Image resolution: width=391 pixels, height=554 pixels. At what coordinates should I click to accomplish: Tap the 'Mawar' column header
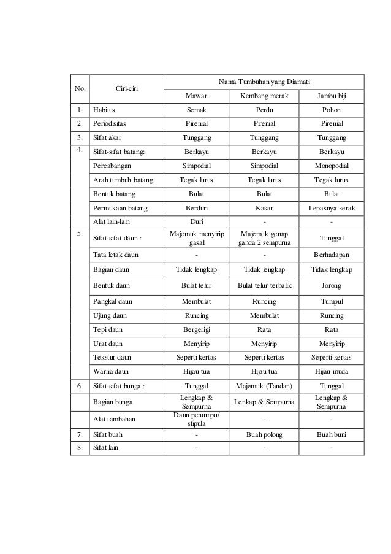click(x=197, y=96)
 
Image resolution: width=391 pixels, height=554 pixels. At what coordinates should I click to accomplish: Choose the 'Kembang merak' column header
click(x=264, y=96)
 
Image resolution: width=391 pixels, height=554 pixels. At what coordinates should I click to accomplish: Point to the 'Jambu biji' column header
click(x=332, y=96)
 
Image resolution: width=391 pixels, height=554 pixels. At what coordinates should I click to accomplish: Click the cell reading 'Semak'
click(x=197, y=110)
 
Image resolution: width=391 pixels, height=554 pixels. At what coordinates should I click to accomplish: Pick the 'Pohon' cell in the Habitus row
click(x=332, y=110)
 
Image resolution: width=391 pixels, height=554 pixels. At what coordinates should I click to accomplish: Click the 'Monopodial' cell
click(x=332, y=166)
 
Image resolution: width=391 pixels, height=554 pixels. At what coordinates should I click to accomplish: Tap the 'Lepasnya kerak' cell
click(x=332, y=208)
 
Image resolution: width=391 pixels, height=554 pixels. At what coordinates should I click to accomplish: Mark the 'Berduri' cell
click(x=197, y=208)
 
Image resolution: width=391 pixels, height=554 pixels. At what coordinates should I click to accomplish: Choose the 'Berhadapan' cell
click(x=332, y=254)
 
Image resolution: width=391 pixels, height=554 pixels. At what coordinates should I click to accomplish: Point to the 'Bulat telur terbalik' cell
click(x=264, y=285)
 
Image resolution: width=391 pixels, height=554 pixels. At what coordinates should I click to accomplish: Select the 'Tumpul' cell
click(x=332, y=301)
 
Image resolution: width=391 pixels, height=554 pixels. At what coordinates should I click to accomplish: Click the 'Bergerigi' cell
click(x=197, y=329)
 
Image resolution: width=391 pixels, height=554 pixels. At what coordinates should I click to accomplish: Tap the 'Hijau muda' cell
click(x=332, y=371)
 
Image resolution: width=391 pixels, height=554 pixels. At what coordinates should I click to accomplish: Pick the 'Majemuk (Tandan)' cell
click(x=264, y=386)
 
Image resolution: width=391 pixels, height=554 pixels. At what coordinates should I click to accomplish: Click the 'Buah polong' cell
click(x=264, y=434)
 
